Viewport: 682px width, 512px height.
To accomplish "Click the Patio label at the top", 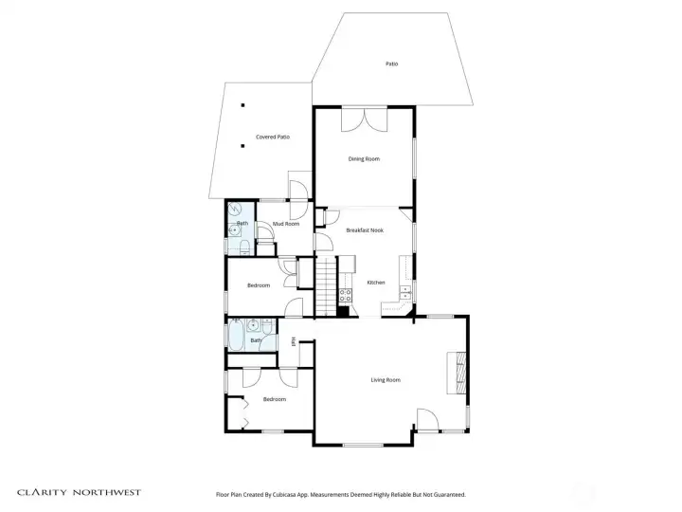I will [391, 64].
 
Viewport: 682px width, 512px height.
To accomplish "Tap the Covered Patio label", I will [273, 137].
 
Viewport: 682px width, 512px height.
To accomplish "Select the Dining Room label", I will [364, 159].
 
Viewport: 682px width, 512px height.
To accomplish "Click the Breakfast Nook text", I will [364, 230].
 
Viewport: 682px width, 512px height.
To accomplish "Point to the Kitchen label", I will [375, 283].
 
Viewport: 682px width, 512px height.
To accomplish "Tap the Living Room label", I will [386, 380].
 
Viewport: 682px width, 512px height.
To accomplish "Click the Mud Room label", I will [286, 224].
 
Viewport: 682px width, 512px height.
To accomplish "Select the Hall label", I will [295, 342].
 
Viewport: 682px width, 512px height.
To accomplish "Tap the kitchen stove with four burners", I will [346, 295].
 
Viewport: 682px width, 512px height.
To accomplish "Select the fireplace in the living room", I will [458, 371].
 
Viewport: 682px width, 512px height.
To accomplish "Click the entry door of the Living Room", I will [427, 421].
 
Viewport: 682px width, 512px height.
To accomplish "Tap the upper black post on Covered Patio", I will [242, 105].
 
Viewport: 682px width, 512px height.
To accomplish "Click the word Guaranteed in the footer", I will [446, 494].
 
